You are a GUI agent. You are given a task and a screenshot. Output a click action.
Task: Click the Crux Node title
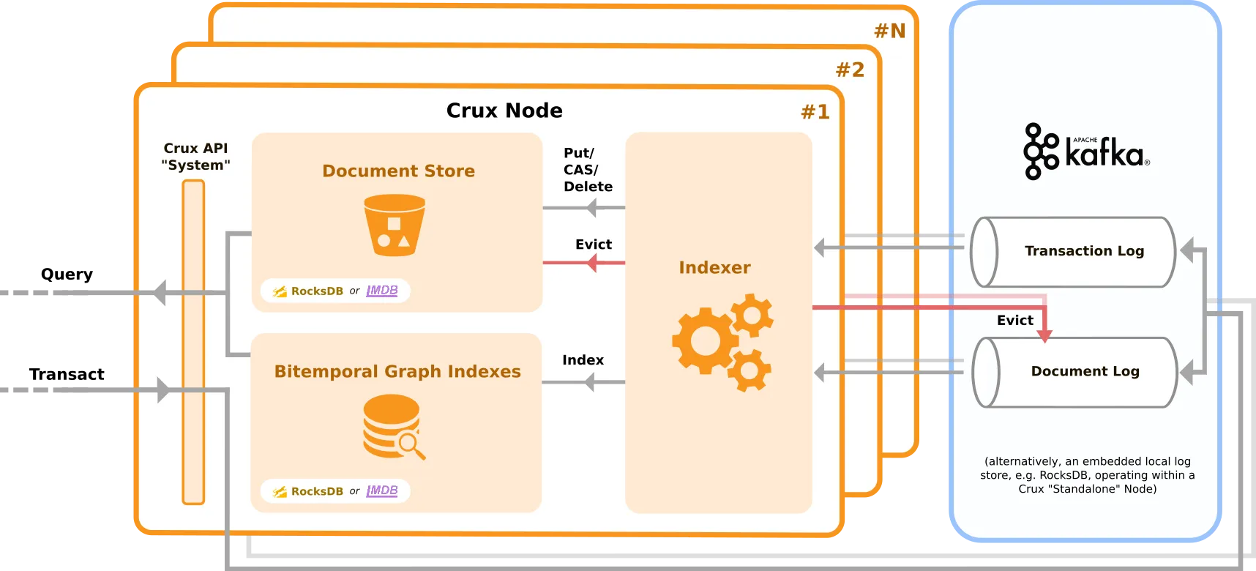point(504,111)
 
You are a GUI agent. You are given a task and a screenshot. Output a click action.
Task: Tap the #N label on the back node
point(889,31)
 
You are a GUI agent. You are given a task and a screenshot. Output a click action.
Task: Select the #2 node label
point(850,70)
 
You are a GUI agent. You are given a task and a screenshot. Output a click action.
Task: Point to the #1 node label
point(815,112)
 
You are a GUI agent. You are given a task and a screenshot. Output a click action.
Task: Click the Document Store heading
point(398,171)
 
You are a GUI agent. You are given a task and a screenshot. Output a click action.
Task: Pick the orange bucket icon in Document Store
point(395,225)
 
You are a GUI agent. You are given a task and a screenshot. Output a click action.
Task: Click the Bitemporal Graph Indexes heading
point(397,371)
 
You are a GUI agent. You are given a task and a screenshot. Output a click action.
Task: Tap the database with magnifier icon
point(394,427)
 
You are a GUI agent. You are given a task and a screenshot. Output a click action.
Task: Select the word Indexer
point(714,267)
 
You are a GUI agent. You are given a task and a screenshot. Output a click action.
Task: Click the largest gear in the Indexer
point(704,340)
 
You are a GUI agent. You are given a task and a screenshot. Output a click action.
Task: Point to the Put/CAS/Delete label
point(587,170)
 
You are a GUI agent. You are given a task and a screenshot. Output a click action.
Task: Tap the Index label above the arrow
point(583,360)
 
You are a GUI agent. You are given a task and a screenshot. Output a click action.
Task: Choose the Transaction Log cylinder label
point(1084,251)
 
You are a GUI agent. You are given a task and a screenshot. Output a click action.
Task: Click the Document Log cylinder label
point(1085,371)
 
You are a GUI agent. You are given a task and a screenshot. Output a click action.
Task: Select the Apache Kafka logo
point(1085,152)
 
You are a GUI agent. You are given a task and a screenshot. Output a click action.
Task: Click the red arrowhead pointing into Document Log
point(1044,336)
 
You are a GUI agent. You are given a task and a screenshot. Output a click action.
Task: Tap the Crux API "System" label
point(195,157)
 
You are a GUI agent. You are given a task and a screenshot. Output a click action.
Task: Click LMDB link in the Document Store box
point(382,291)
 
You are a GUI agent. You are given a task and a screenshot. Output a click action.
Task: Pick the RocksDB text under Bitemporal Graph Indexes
point(317,491)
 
